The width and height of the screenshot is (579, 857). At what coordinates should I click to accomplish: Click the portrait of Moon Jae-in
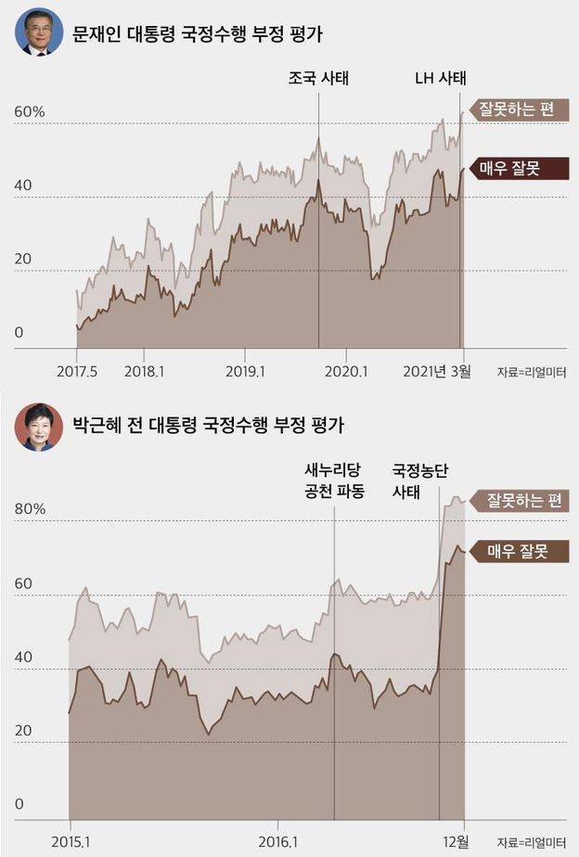[x=38, y=32]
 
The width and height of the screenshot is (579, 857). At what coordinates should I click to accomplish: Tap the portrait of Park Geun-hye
[x=38, y=428]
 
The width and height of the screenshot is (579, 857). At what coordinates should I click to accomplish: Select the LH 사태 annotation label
[x=440, y=78]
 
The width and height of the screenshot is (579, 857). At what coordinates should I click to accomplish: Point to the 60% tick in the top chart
[x=29, y=112]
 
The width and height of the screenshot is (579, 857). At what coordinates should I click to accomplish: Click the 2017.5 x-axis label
[x=76, y=371]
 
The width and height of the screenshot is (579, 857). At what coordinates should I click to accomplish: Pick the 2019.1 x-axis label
[x=245, y=371]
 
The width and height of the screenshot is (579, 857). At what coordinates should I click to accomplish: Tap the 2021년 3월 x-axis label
[x=437, y=371]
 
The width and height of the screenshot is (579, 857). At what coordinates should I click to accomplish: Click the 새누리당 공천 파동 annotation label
[x=334, y=480]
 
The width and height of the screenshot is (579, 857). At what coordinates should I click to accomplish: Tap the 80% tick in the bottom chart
[x=29, y=509]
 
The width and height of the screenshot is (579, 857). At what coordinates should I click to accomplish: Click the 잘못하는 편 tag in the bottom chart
[x=526, y=501]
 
